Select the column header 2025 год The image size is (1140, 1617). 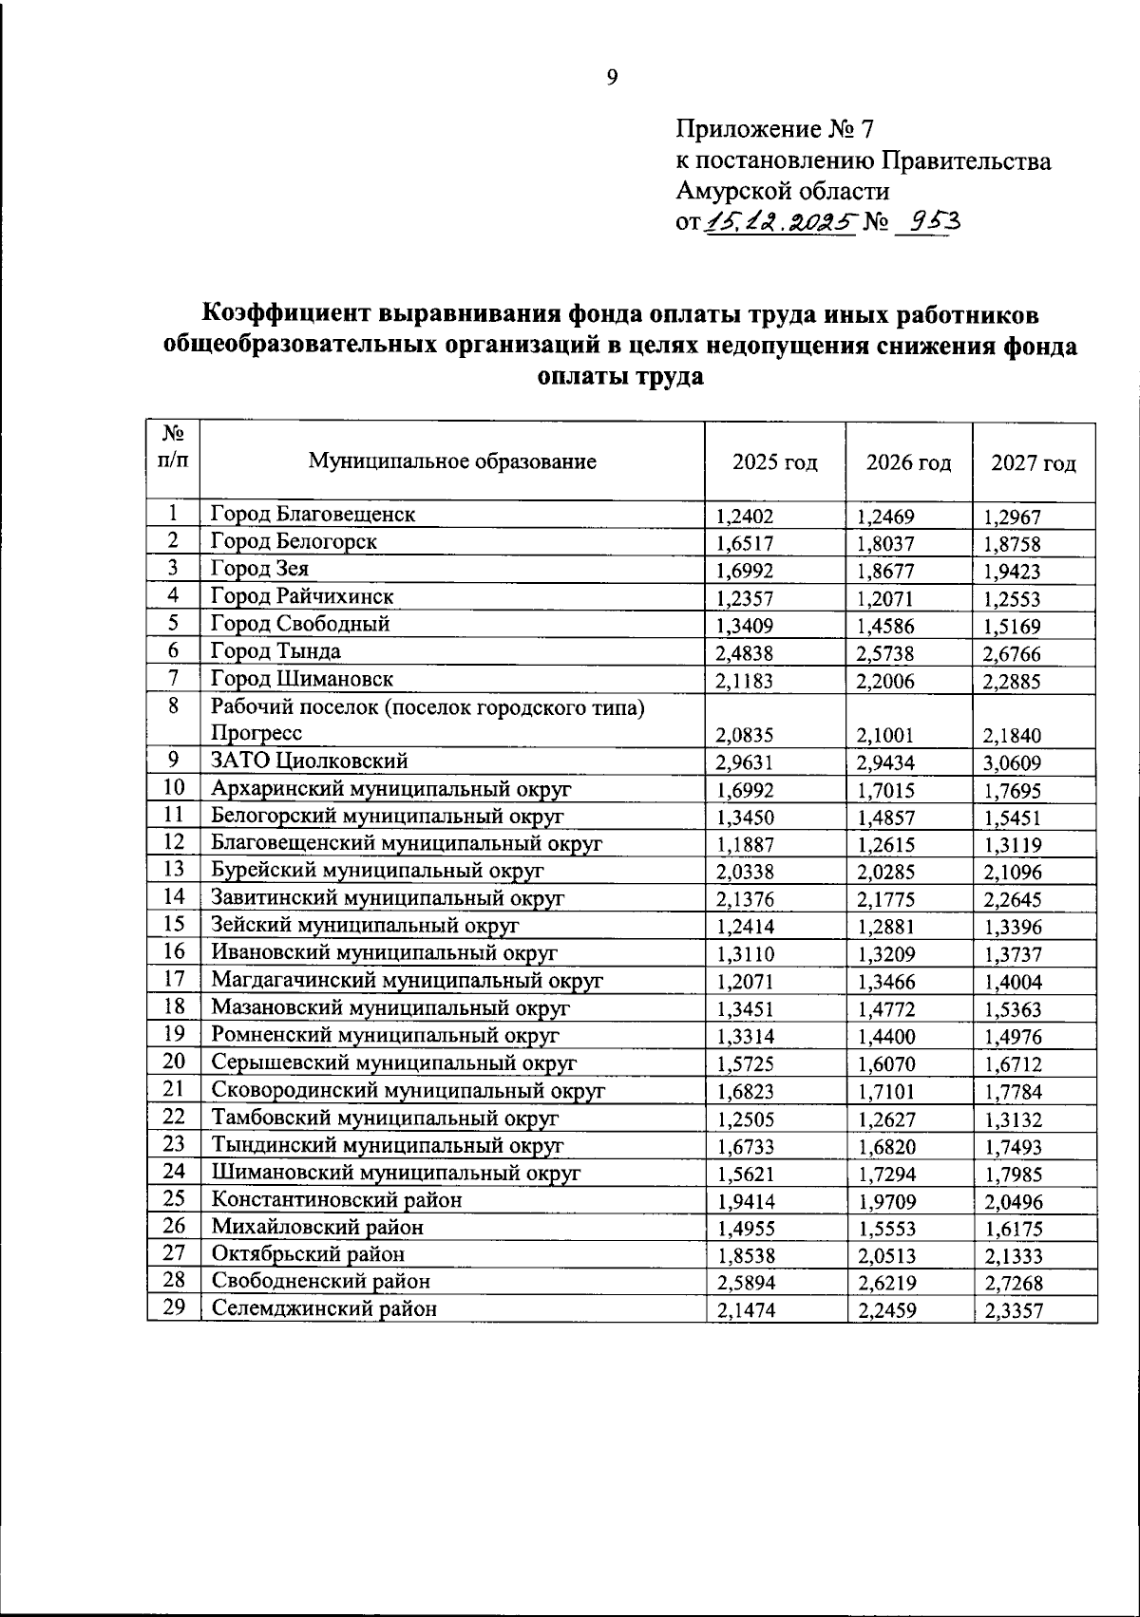(x=774, y=463)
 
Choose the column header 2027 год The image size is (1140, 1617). (x=1033, y=463)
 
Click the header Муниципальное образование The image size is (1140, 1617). (x=452, y=462)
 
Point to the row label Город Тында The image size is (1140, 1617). (x=275, y=651)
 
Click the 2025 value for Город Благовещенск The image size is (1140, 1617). (x=745, y=517)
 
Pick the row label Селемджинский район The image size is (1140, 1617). (x=324, y=1309)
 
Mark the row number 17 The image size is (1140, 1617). (x=173, y=979)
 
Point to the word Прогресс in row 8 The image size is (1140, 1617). (x=256, y=733)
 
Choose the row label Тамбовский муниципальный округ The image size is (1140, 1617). (x=385, y=1119)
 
